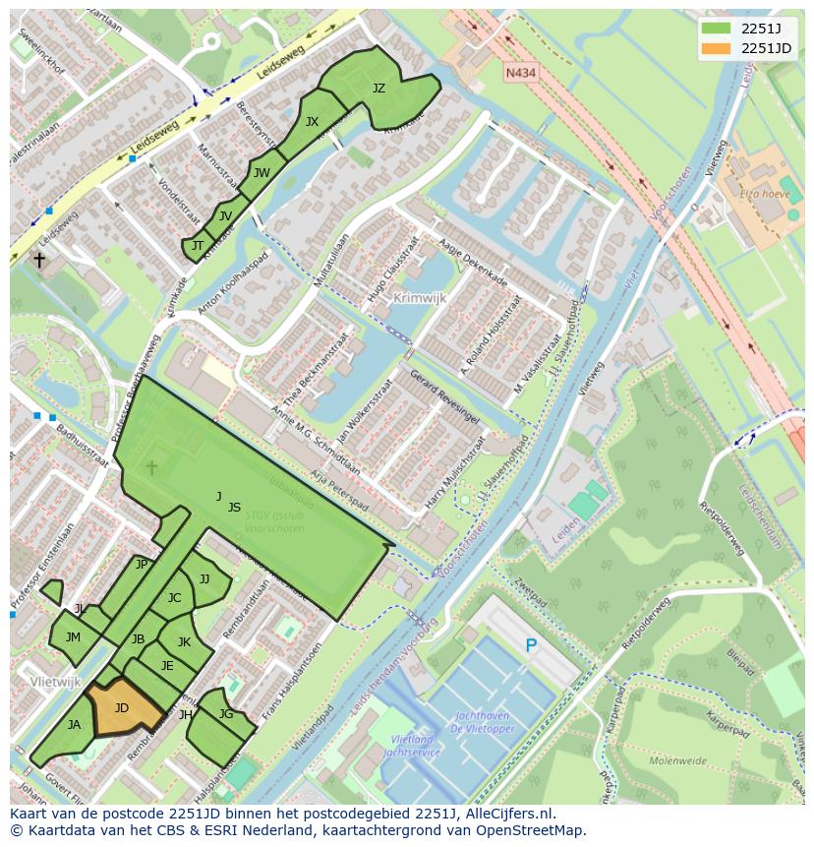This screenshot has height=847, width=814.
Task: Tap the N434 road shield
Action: pos(520,73)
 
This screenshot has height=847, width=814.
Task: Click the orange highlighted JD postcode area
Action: pos(123,707)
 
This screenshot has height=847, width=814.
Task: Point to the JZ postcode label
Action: pos(378,89)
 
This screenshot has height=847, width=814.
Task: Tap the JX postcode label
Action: pos(312,122)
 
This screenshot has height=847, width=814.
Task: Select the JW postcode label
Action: pos(262,173)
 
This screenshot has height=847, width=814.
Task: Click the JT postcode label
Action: pos(198,246)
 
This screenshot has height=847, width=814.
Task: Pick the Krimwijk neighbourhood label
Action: pos(419,297)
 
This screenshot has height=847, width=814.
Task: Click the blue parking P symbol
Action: pos(531,646)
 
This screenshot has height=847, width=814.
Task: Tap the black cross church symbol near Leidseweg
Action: pos(39,261)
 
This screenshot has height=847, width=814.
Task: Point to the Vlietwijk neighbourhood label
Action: pos(55,681)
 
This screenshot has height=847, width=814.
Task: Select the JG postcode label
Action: pos(226,714)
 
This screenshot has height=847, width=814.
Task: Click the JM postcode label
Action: pos(73,637)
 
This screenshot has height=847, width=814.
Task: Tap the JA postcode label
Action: pos(74,725)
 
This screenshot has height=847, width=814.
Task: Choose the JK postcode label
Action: pos(184,642)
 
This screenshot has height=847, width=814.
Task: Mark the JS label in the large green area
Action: pos(234,508)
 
